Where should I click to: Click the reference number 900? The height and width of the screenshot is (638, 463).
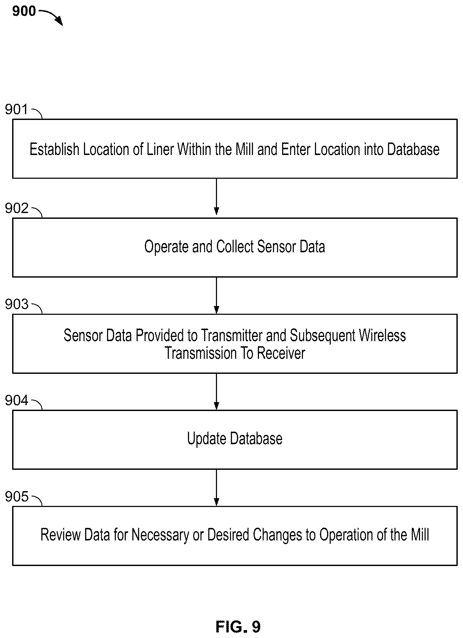(x=24, y=11)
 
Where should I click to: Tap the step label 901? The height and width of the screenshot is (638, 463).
(x=16, y=109)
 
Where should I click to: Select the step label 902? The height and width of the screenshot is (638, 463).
(x=17, y=208)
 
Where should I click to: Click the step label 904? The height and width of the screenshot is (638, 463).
(x=17, y=400)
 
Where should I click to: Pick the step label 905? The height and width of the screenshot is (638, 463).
(x=17, y=496)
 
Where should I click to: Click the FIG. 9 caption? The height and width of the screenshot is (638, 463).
(x=238, y=626)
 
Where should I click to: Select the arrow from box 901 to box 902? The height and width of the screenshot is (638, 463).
(x=216, y=197)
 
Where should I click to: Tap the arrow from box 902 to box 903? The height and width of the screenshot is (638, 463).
(x=216, y=296)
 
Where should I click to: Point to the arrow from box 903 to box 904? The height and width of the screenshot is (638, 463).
(x=216, y=391)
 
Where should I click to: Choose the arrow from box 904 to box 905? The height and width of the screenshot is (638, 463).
(x=216, y=487)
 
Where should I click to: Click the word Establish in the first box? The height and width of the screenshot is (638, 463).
(x=55, y=149)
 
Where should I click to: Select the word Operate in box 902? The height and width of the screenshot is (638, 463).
(x=166, y=247)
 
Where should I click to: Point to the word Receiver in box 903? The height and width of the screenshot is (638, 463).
(x=281, y=353)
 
